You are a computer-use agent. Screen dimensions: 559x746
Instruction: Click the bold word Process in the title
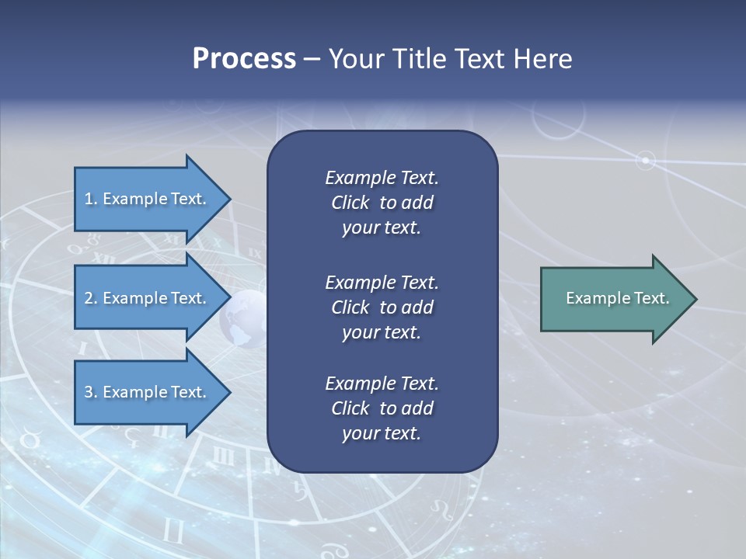tap(244, 59)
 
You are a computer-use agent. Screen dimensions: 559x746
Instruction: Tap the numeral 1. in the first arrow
tap(91, 199)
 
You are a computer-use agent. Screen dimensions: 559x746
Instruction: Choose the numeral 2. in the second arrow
tap(91, 298)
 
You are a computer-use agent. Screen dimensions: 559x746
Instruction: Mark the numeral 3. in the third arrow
tap(91, 392)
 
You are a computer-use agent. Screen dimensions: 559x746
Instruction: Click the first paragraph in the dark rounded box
tap(382, 203)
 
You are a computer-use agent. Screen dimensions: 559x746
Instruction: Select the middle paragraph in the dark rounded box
tap(382, 307)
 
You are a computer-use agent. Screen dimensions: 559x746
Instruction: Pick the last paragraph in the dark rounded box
tap(382, 408)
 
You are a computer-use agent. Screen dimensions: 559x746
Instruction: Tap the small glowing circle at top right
tap(645, 161)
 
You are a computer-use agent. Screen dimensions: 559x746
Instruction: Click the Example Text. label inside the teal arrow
tap(618, 298)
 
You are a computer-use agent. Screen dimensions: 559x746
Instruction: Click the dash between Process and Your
tap(312, 59)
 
